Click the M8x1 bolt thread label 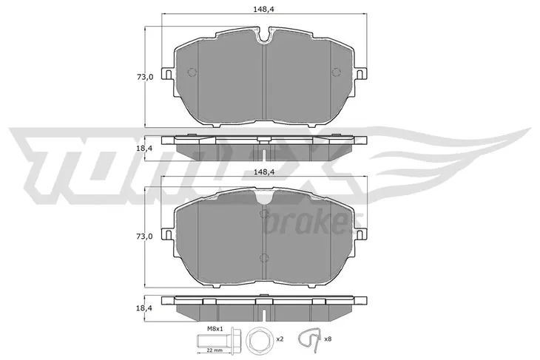click(215, 329)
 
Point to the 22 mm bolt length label click(215, 350)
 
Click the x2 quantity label click(280, 339)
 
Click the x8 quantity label click(328, 339)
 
